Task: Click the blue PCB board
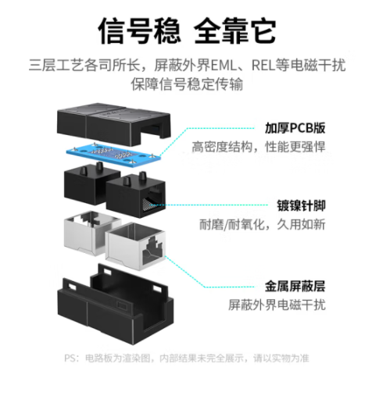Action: (x=113, y=154)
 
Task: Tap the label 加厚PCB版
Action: (x=295, y=128)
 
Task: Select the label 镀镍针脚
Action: (x=301, y=205)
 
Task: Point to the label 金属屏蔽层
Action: (x=295, y=286)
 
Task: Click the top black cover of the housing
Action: (x=113, y=124)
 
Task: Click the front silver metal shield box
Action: (x=135, y=246)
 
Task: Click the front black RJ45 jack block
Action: (x=135, y=195)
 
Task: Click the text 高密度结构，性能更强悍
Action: (x=259, y=147)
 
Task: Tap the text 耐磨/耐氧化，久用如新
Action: (x=262, y=224)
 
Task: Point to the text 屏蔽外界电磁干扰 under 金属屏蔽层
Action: (x=277, y=305)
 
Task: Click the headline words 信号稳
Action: (x=139, y=31)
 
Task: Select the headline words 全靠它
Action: (x=234, y=31)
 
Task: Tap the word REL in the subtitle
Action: (x=263, y=65)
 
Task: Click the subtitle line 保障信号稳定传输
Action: (x=187, y=84)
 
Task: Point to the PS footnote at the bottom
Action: (x=187, y=358)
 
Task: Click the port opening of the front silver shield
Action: (x=152, y=248)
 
